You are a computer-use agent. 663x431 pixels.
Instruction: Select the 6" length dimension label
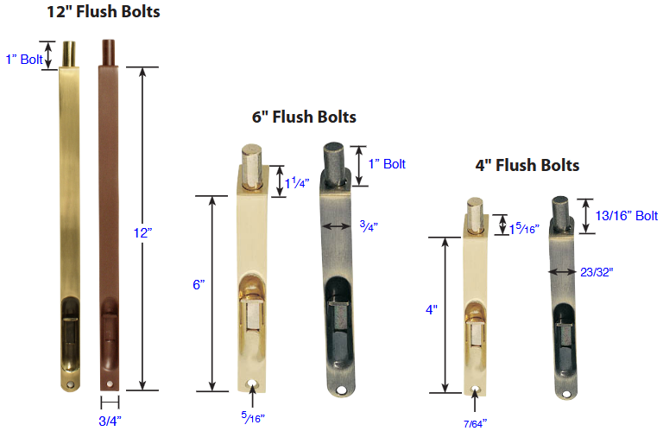[x=199, y=284]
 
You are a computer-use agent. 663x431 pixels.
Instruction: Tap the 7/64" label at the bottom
[x=473, y=423]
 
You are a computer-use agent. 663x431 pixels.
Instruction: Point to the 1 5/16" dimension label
[x=524, y=228]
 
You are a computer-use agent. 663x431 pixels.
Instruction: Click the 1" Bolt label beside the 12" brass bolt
[x=22, y=59]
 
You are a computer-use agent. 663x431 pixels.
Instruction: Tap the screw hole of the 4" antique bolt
[x=566, y=396]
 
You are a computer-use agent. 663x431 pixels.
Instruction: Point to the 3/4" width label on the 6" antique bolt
[x=369, y=225]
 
